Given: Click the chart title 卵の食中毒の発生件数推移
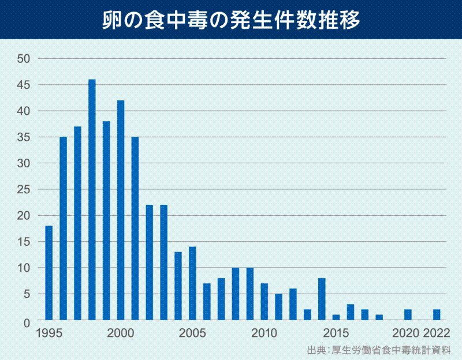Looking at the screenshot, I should coord(231,19).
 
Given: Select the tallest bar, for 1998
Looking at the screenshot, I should coord(92,199).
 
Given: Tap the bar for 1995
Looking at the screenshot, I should coord(49,272).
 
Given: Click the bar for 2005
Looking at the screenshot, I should coord(192,283).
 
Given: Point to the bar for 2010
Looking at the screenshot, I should coord(264,301).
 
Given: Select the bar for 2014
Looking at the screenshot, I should coord(322,299).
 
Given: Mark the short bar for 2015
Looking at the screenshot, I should coord(336,317).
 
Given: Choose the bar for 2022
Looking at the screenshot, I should coord(437,314).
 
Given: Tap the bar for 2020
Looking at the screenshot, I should coord(408,314).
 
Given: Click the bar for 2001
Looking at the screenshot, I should coord(135,228).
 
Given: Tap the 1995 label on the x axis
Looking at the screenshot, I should coord(49,333).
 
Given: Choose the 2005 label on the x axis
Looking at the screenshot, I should coord(192,333).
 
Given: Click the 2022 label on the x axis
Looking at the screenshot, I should coord(437,333).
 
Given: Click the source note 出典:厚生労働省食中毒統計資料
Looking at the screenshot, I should coord(378,350).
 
